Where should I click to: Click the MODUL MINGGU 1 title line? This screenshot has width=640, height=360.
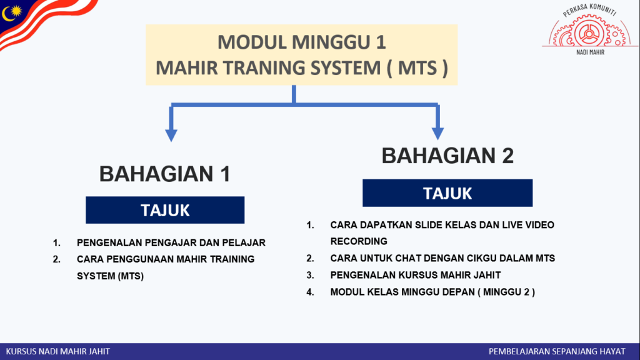pyautogui.click(x=302, y=42)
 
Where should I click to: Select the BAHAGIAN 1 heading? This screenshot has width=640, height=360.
pyautogui.click(x=165, y=174)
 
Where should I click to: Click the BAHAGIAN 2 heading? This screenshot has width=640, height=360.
pyautogui.click(x=447, y=156)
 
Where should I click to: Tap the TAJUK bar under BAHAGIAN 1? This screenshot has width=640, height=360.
pyautogui.click(x=165, y=210)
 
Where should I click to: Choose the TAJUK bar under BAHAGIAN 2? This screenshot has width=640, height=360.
pyautogui.click(x=447, y=192)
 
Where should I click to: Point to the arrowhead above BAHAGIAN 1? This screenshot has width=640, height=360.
pyautogui.click(x=171, y=135)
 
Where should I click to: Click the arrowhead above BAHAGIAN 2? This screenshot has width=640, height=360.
pyautogui.click(x=437, y=134)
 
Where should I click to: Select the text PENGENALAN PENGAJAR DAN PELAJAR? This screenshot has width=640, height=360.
pyautogui.click(x=171, y=242)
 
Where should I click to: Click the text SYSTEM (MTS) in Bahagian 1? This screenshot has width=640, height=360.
pyautogui.click(x=110, y=276)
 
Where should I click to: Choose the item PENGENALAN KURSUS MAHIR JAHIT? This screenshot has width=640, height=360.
pyautogui.click(x=416, y=275)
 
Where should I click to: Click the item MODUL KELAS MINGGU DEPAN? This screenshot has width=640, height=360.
pyautogui.click(x=432, y=292)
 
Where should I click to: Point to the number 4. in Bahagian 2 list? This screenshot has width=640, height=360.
pyautogui.click(x=310, y=292)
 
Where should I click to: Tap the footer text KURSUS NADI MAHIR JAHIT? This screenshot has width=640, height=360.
pyautogui.click(x=57, y=351)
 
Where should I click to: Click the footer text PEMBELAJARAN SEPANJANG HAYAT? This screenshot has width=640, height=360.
pyautogui.click(x=557, y=351)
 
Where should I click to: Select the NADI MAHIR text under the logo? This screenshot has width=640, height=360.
pyautogui.click(x=590, y=52)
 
